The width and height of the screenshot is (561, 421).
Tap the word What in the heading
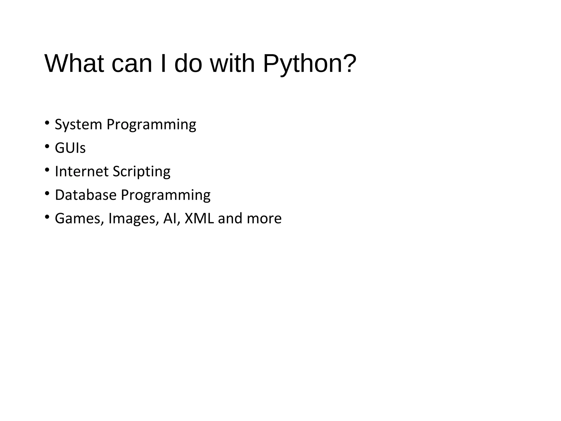coord(74,64)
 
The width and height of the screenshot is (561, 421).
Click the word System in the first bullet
coord(78,125)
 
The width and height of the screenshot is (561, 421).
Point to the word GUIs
coord(70,148)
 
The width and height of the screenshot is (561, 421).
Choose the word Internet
coord(82,171)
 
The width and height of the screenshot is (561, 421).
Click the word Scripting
coord(141,172)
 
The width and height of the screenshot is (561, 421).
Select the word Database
coord(85,195)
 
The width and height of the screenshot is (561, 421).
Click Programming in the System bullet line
coord(151,125)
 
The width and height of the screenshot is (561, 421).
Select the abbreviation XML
coord(199,218)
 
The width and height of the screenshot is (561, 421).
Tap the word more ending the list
coord(264,218)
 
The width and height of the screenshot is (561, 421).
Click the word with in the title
coord(232,64)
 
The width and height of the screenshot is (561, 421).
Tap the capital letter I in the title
coord(163,64)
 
